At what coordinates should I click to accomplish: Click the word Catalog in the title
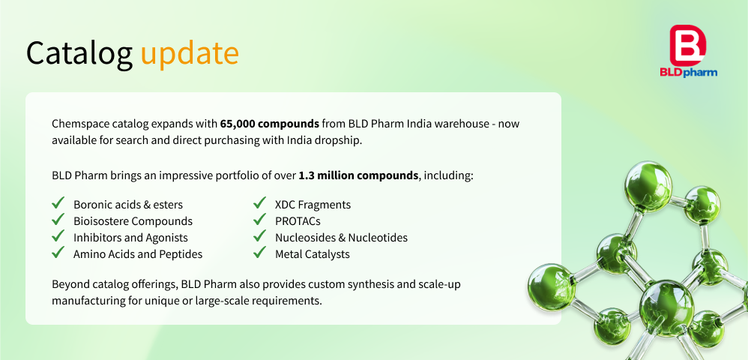(79, 52)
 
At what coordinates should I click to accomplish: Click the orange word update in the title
(190, 52)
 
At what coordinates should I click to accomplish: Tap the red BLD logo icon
(688, 45)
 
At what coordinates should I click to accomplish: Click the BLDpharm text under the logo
(688, 72)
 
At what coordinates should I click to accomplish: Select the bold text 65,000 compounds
(270, 124)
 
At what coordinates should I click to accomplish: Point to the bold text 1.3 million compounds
(358, 175)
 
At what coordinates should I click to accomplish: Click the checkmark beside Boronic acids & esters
(58, 203)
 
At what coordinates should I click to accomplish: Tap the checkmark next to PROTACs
(259, 220)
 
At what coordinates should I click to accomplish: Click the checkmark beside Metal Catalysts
(259, 252)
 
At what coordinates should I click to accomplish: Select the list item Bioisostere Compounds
(133, 221)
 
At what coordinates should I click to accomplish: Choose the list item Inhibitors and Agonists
(130, 238)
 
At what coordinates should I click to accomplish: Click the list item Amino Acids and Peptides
(138, 254)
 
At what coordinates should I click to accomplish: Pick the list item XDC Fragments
(313, 205)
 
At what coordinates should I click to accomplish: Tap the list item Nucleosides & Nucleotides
(342, 238)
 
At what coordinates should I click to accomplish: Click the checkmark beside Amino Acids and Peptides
(58, 252)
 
